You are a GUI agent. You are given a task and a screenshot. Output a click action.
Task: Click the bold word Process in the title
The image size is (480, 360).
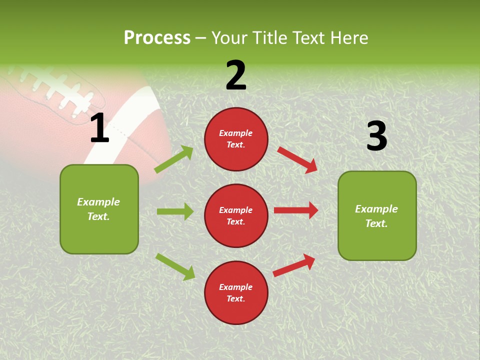157,38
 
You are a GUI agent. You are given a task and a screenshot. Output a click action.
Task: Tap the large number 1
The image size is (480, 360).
99,128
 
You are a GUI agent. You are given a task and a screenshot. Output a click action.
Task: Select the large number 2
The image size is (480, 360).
236,75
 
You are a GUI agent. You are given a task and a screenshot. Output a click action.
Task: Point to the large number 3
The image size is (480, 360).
376,136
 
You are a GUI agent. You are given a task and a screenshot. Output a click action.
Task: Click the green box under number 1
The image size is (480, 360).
99,209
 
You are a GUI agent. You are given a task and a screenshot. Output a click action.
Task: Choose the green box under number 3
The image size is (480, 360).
377,215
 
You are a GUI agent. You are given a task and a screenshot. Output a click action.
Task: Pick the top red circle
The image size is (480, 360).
236,139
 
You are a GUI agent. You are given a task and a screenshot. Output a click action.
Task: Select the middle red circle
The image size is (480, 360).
236,215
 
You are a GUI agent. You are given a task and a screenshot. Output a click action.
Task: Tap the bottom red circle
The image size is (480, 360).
236,292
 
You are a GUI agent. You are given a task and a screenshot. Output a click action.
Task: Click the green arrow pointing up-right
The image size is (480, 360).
174,159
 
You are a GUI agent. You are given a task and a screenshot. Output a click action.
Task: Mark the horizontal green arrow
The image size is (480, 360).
175,211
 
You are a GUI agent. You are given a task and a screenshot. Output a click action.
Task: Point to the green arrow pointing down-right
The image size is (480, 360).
175,266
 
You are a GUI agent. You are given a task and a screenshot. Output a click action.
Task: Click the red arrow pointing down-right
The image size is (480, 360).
297,159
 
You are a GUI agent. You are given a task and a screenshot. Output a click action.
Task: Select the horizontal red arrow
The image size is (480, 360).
296,210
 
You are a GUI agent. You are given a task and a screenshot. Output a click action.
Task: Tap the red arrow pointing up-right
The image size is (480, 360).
294,265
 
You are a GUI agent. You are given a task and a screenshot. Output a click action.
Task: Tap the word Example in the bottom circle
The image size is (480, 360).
236,287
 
